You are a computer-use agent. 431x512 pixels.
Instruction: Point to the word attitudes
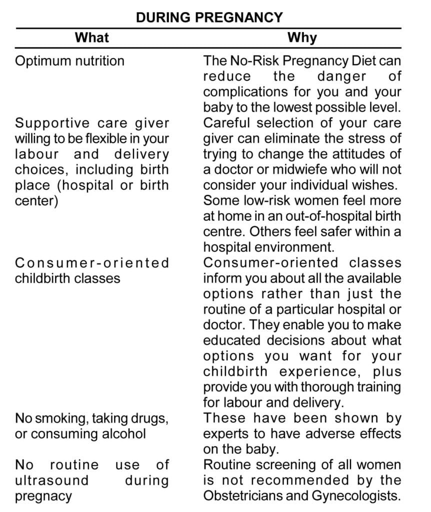355,154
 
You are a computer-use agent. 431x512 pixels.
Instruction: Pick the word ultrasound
52,480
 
